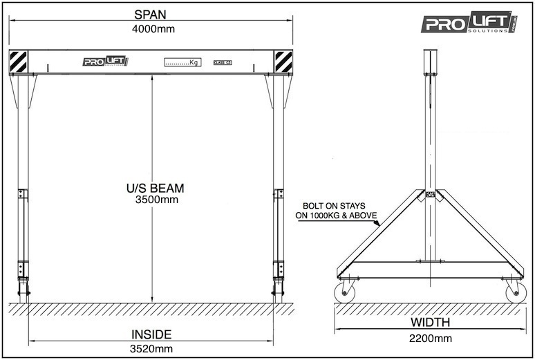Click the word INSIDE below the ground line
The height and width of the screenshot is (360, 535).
tap(151, 334)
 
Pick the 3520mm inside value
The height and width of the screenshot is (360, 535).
tap(151, 348)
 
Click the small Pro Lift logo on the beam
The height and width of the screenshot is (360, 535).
tap(106, 61)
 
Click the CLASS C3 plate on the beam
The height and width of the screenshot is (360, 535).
tap(222, 62)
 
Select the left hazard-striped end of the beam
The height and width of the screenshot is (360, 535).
tap(19, 61)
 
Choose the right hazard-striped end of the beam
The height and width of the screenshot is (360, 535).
tap(283, 61)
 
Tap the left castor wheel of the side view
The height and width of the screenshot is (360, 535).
tap(344, 293)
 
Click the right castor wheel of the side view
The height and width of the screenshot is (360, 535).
tap(515, 293)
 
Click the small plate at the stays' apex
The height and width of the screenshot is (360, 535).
tap(430, 194)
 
